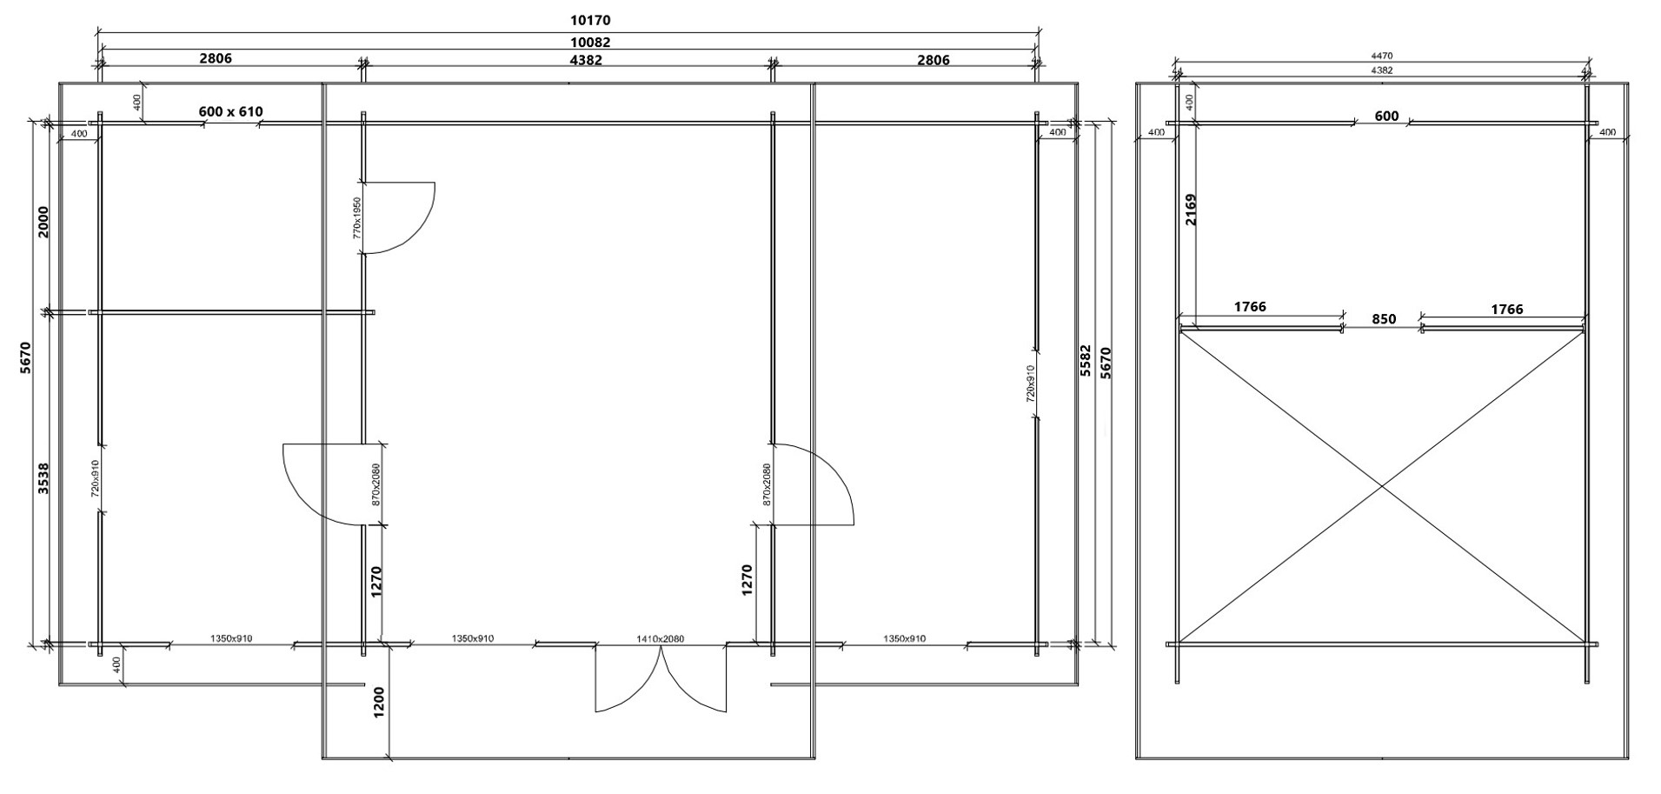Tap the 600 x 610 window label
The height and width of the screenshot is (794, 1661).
coord(230,111)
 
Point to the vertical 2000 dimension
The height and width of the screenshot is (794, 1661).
coord(43,222)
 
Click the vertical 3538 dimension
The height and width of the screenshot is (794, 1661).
coord(43,478)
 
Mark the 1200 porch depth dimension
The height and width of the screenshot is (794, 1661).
coord(378,703)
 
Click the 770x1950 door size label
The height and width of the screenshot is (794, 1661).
coord(357,217)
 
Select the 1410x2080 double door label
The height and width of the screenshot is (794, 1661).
coord(660,639)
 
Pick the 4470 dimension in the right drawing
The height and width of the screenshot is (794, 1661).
coord(1381,57)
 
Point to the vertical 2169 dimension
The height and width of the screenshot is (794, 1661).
coord(1191,210)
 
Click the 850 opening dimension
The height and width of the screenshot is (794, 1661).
coord(1383,319)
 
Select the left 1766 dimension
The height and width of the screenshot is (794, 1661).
coord(1250,307)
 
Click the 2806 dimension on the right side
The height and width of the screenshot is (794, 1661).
coord(933,60)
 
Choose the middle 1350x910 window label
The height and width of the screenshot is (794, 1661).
coord(472,639)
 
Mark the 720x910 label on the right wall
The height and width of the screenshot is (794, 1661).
coord(1031,383)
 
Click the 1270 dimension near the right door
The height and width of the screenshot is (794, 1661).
coord(747,581)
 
